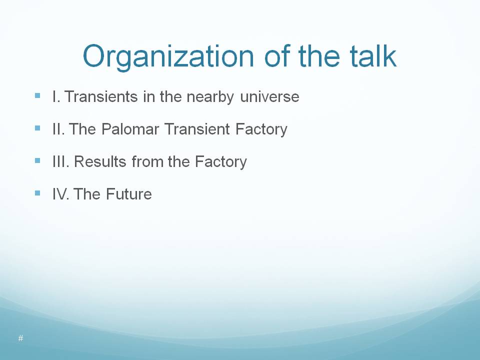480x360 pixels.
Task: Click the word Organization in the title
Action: coord(168,57)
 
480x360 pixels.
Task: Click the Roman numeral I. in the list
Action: coord(56,96)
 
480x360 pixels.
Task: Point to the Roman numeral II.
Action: coord(58,129)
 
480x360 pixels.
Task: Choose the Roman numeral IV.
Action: coord(60,194)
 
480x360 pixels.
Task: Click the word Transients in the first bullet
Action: coord(101,96)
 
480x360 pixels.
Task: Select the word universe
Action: coord(269,96)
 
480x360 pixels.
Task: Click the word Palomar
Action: coord(130,129)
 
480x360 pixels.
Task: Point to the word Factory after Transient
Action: coord(261,130)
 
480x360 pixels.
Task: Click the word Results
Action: coord(100,161)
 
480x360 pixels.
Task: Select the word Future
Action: coord(129,194)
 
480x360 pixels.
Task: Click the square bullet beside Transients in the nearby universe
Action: coord(37,95)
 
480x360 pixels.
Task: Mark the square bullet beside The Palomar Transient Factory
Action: coord(37,128)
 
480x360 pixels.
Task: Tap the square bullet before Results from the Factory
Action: coord(37,160)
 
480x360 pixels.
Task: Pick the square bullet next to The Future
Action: coord(37,193)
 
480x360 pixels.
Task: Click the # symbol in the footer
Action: coord(21,338)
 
